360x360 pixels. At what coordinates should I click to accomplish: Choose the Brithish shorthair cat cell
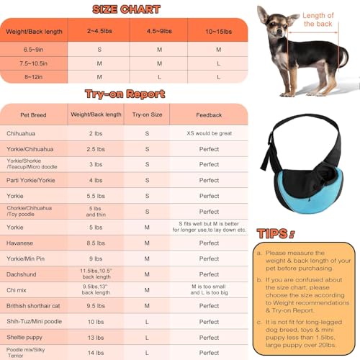point(34,305)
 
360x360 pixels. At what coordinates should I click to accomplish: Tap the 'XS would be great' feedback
point(210,133)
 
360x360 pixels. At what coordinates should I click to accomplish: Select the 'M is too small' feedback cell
point(210,289)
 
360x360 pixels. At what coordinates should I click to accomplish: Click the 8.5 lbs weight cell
point(96,243)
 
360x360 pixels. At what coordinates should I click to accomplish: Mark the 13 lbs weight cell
point(96,337)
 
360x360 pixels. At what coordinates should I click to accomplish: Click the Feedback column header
point(210,114)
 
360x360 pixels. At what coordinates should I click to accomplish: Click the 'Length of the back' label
point(318,20)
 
